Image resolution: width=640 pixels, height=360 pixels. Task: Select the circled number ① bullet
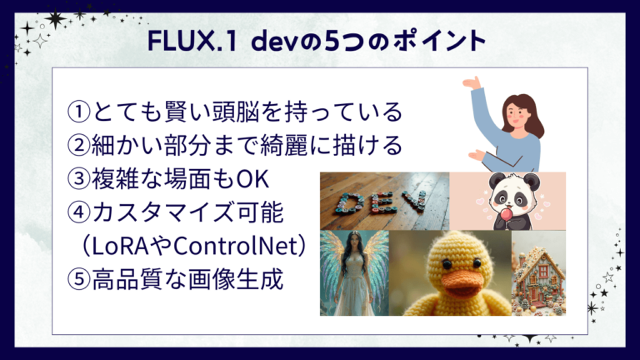[x=78, y=111]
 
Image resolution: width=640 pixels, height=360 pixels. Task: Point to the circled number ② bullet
[x=78, y=145]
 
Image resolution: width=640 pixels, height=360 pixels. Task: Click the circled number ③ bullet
[x=78, y=179]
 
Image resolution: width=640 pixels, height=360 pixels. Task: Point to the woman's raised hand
[x=472, y=82]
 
